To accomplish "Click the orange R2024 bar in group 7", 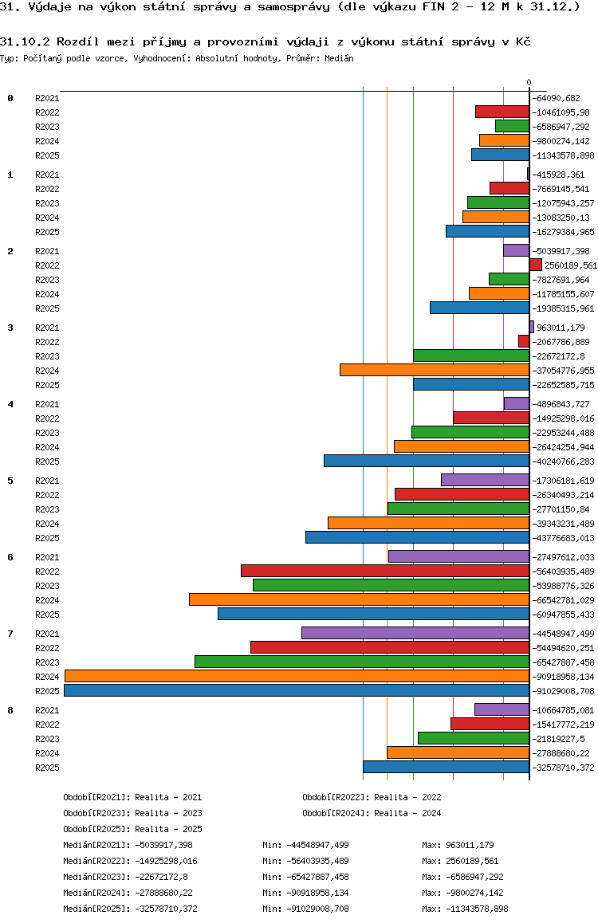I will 297,676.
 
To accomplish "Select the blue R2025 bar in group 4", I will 427,461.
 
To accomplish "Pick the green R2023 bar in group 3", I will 471,355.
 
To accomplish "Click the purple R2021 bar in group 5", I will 485,480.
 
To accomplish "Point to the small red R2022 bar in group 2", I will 536,265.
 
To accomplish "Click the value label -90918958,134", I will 564,677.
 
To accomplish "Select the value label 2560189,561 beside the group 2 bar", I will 571,265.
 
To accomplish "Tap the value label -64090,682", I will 562,98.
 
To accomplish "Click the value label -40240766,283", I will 564,461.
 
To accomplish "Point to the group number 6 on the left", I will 10,557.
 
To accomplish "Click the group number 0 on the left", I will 10,98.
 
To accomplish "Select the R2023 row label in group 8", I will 47,739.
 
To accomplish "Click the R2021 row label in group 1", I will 47,175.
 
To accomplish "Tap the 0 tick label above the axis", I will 529,82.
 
